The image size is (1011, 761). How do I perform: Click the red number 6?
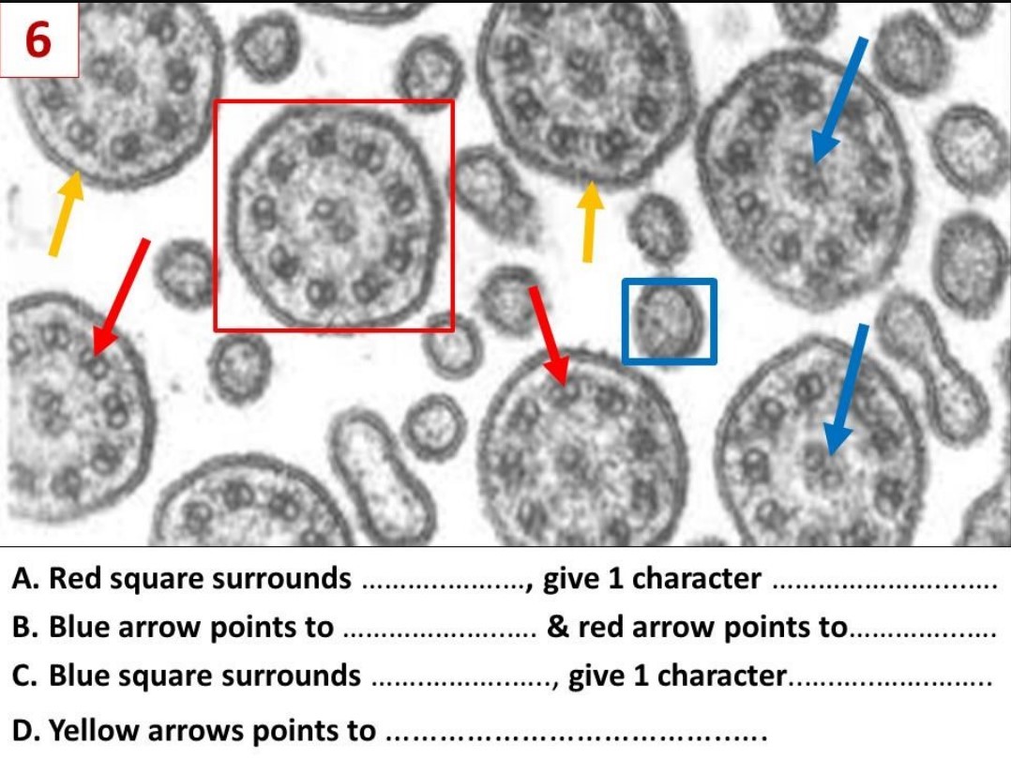point(38,40)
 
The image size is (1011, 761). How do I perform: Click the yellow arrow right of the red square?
point(589,221)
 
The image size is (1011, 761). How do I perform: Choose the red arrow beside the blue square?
point(549,335)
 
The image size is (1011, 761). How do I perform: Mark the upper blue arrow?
point(839,100)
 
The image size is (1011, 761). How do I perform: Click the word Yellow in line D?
point(89,730)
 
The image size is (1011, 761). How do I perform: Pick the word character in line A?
point(700,579)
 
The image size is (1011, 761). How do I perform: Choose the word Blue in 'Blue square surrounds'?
point(79,675)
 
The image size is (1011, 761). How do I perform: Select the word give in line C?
point(596,675)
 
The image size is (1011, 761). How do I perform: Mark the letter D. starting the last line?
point(26,730)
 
